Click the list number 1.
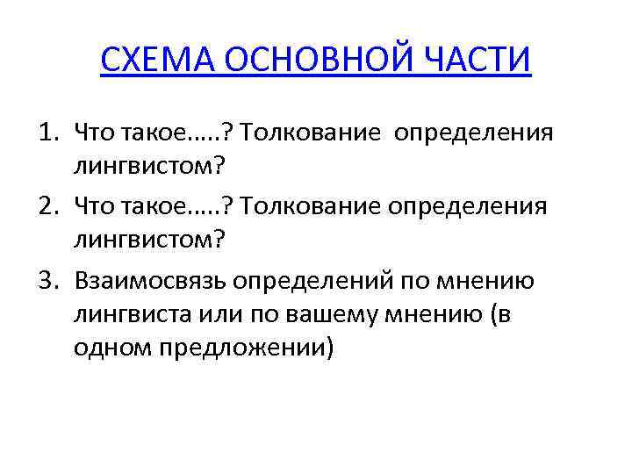point(46,133)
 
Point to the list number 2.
point(46,207)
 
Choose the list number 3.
point(46,281)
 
